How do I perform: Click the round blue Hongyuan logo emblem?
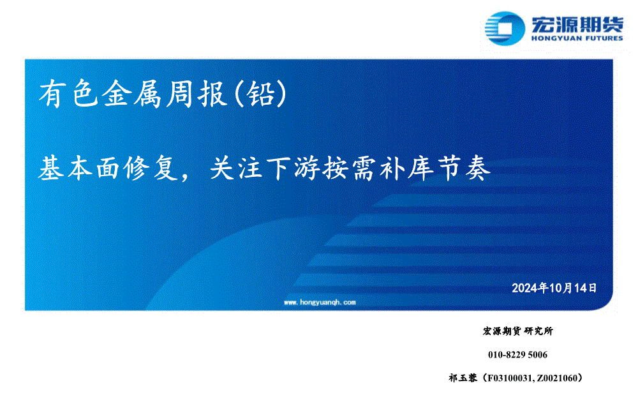[505, 28]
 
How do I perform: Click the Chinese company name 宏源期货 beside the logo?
[577, 24]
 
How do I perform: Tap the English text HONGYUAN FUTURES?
[577, 38]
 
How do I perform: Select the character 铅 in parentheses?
[260, 94]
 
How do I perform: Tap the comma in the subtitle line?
[186, 177]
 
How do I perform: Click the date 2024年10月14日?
[554, 289]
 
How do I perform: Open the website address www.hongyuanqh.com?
[320, 303]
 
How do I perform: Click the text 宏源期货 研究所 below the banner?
[518, 331]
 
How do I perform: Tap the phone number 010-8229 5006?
[517, 354]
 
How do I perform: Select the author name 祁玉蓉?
[463, 378]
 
